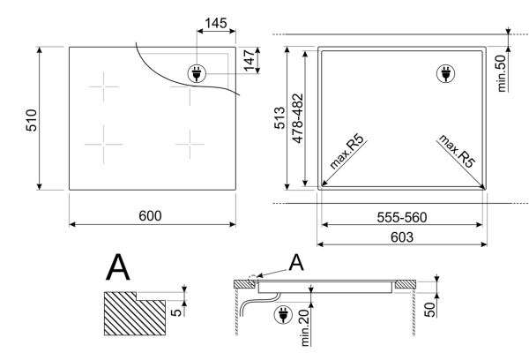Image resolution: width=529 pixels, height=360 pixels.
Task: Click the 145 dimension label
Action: click(216, 23)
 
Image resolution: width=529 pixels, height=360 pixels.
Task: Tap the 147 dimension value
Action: click(250, 60)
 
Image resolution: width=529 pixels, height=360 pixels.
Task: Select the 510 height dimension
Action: click(32, 120)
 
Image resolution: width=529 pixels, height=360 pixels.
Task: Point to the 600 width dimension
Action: click(150, 216)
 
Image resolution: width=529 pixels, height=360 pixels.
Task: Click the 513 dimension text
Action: click(279, 118)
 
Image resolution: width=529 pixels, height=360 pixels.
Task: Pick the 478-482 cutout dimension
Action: click(298, 118)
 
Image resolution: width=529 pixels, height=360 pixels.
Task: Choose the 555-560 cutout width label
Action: click(402, 217)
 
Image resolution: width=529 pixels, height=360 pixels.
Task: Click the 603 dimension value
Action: click(402, 237)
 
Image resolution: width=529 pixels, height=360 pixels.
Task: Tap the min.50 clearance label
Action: click(502, 73)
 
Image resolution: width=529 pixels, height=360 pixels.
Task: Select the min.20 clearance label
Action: click(304, 328)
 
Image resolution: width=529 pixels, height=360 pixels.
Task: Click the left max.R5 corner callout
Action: click(346, 152)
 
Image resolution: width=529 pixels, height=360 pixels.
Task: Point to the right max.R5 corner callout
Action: click(457, 151)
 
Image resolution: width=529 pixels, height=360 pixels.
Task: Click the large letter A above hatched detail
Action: click(118, 268)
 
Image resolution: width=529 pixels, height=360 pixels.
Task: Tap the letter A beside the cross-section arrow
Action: click(296, 263)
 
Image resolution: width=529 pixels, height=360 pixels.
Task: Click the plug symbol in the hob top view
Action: click(197, 73)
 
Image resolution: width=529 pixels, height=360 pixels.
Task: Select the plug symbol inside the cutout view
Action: click(445, 73)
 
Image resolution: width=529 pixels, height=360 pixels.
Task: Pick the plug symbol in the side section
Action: click(283, 315)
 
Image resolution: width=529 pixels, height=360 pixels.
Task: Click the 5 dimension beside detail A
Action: click(176, 312)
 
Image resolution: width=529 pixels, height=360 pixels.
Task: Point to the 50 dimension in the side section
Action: click(429, 310)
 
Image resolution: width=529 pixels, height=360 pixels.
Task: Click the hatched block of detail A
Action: click(135, 314)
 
